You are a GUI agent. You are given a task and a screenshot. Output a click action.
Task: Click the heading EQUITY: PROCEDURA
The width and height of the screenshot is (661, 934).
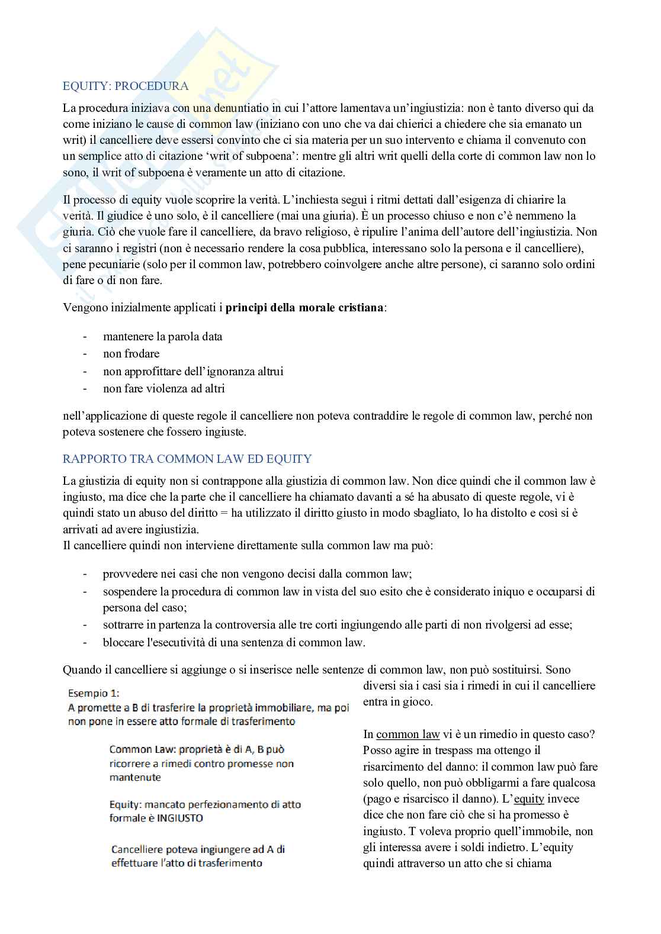126,86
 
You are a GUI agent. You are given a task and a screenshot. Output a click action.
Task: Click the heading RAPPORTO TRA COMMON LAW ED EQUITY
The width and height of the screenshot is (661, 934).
187,459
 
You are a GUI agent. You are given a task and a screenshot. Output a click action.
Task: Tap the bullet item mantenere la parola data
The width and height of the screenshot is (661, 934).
162,336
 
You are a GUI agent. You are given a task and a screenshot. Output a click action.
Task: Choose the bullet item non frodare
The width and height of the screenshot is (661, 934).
131,353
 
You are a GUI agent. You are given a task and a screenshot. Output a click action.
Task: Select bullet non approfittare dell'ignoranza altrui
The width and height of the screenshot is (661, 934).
193,371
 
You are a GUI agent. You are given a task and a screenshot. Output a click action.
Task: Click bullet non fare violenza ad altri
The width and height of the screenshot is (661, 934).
163,388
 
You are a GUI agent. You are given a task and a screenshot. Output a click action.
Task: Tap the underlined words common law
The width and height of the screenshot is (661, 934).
407,735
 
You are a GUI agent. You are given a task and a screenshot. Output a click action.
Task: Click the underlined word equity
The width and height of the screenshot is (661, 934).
529,799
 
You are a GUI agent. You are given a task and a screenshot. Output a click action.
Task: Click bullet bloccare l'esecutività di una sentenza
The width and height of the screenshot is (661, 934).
234,642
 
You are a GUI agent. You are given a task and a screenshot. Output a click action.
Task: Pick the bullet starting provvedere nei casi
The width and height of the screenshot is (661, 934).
257,574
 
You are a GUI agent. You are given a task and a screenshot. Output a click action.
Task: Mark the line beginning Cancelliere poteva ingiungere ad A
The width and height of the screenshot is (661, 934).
198,849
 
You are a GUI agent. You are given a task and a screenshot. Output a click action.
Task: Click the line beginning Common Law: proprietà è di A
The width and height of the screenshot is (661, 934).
197,749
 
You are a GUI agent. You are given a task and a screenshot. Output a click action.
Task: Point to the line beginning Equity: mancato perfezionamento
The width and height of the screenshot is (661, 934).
205,804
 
